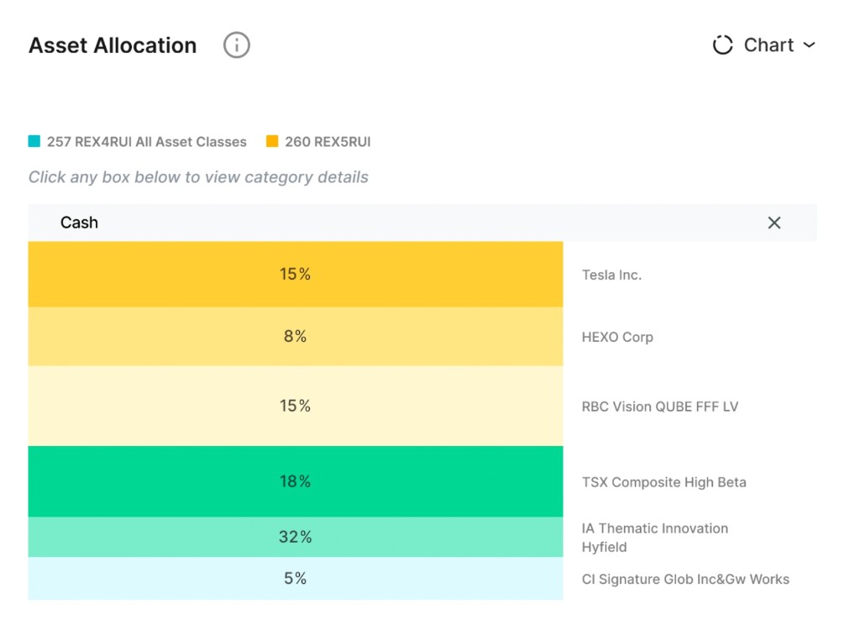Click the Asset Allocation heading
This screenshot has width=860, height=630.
tap(113, 45)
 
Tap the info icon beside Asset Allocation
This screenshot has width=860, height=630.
tap(236, 45)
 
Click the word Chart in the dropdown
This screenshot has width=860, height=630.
tap(768, 45)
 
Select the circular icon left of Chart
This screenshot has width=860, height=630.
tap(722, 45)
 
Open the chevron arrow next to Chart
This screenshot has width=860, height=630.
tap(809, 45)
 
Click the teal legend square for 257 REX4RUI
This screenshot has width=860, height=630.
tap(34, 141)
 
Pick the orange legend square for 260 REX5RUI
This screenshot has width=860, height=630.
tap(272, 141)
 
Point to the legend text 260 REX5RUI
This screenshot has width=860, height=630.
tap(328, 142)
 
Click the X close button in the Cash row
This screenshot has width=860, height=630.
tap(773, 223)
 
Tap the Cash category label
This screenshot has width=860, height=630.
tap(79, 223)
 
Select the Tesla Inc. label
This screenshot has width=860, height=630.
tap(611, 275)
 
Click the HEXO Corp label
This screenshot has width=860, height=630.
tap(617, 337)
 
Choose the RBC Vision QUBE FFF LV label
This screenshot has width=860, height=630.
tap(660, 407)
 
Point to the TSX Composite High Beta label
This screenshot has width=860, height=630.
tap(663, 482)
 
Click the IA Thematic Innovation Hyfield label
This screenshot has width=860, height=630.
tap(655, 538)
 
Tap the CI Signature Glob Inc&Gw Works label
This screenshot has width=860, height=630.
tap(685, 579)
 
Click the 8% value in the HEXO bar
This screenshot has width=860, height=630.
tap(295, 336)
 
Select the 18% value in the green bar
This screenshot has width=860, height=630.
tap(295, 481)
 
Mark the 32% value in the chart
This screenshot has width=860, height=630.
tap(295, 537)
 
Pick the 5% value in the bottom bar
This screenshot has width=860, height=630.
tap(295, 578)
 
